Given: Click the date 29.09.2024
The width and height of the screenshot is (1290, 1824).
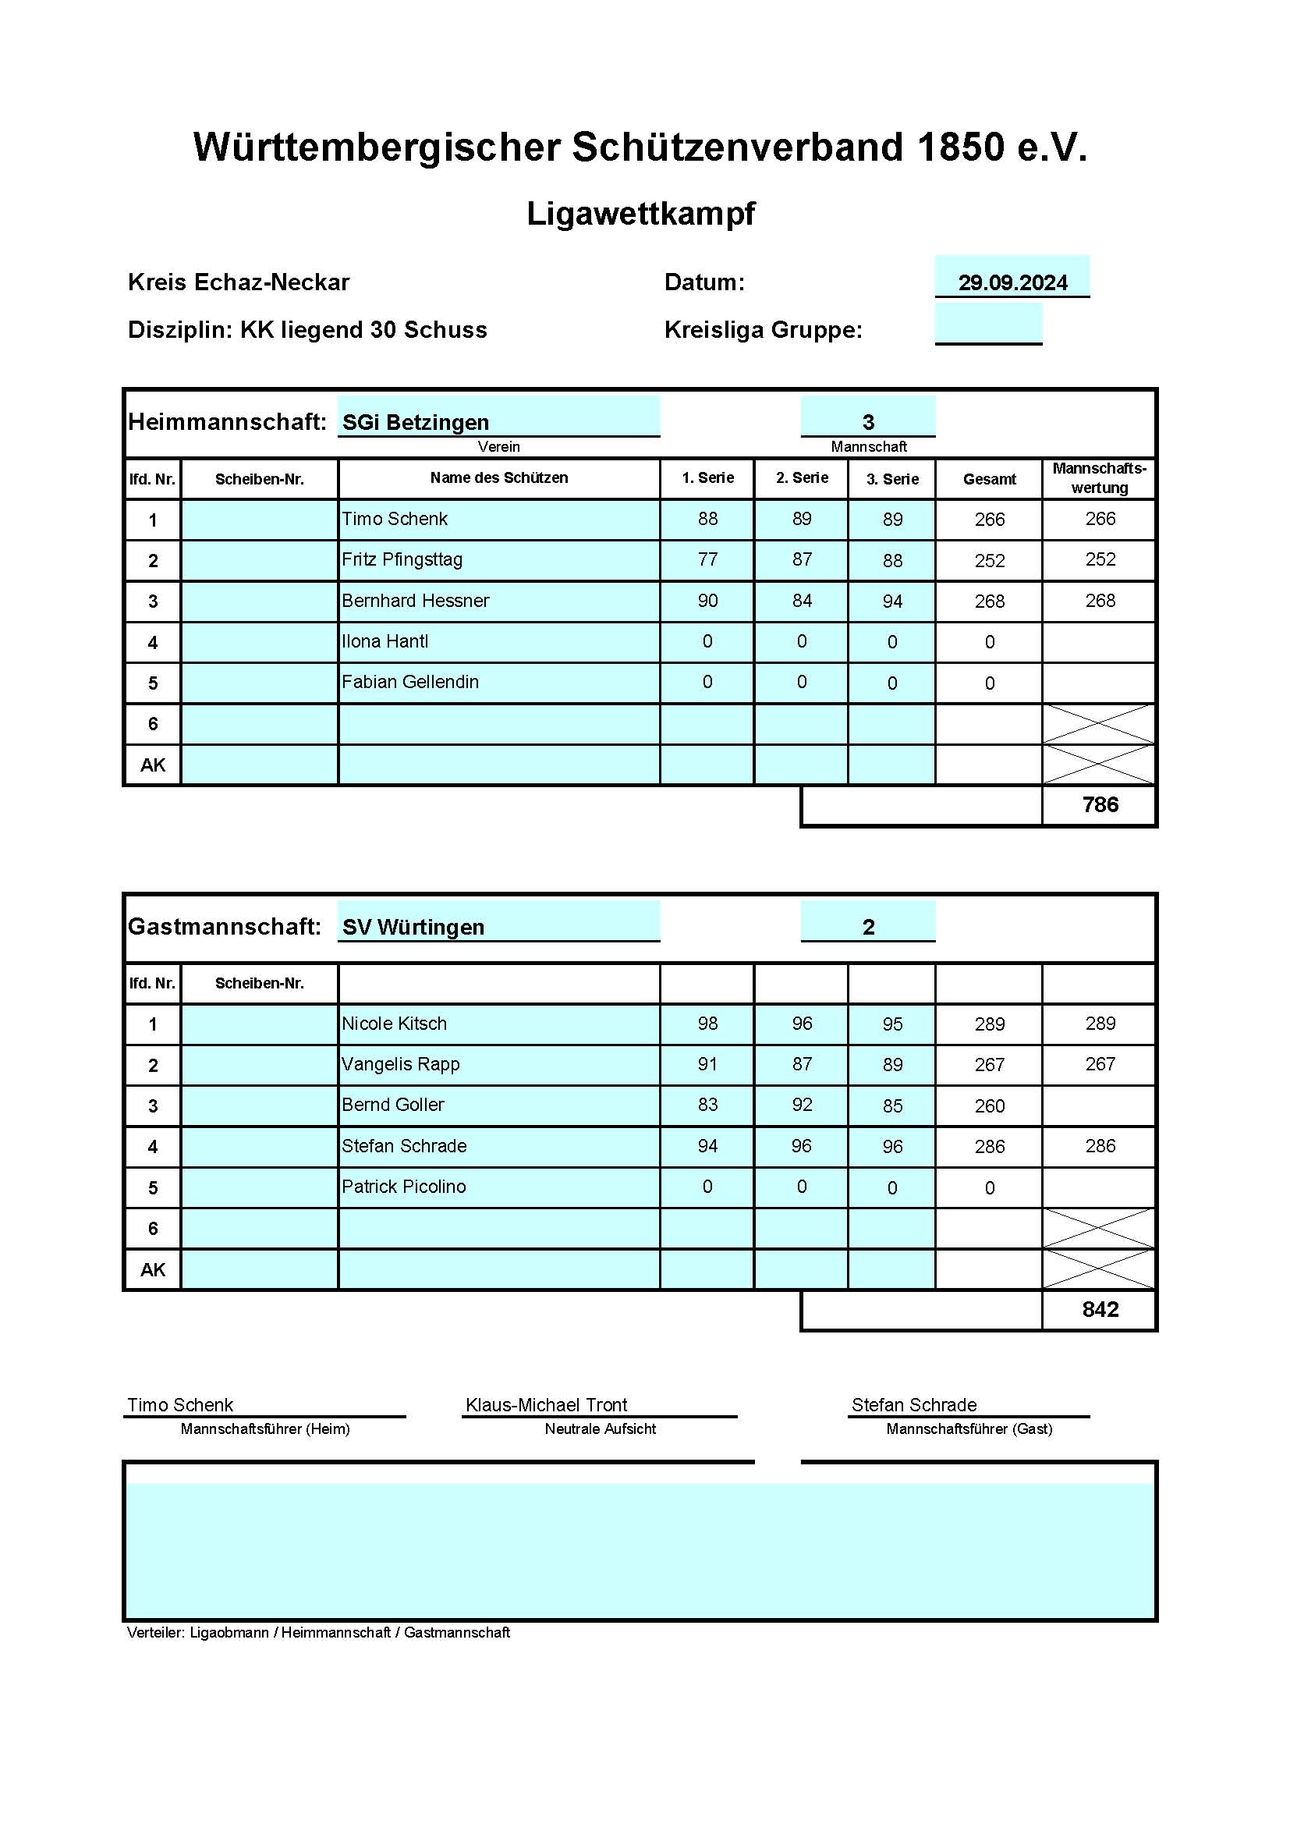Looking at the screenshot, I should click(1012, 283).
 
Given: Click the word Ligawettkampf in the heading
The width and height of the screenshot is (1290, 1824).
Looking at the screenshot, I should click(641, 214).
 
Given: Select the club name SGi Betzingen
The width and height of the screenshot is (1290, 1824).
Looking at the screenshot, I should click(416, 423).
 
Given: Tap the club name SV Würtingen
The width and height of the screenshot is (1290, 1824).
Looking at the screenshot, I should click(413, 927).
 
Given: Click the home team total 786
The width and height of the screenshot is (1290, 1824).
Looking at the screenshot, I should click(1100, 805).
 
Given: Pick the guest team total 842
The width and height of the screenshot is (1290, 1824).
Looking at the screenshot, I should click(1100, 1309).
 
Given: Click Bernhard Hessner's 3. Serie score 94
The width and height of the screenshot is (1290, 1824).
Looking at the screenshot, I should click(892, 601).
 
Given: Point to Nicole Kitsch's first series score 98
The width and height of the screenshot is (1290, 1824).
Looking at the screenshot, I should click(707, 1024).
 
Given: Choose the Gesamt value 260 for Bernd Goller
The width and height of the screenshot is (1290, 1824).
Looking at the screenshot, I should click(989, 1105).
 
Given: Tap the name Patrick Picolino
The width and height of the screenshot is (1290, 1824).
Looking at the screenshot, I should click(403, 1186).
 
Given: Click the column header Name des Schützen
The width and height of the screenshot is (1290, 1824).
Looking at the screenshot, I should click(499, 477).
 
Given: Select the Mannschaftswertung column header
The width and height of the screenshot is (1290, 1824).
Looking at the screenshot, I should click(1099, 477).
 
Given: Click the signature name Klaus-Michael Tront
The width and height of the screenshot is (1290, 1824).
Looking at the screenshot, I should click(546, 1404).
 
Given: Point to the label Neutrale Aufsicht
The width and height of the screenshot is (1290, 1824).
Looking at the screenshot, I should click(600, 1428).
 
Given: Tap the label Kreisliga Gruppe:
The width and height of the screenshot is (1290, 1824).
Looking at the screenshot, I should click(763, 330).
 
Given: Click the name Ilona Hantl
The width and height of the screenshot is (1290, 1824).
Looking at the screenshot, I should click(385, 641).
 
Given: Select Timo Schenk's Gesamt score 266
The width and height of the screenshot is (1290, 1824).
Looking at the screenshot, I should click(989, 520).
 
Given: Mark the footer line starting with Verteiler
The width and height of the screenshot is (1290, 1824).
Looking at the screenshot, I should click(317, 1633).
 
